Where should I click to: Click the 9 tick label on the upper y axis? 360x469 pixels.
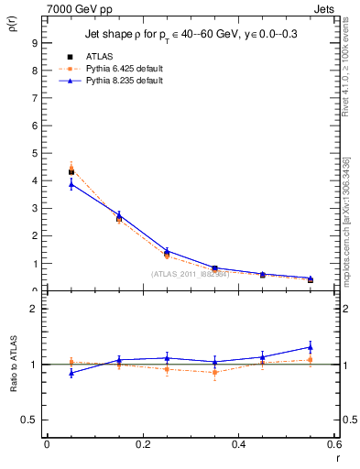click(34, 43)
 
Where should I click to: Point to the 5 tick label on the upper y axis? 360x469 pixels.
click(34, 153)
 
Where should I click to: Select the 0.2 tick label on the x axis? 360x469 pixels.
click(142, 444)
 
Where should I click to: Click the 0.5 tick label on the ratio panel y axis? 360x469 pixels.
click(30, 420)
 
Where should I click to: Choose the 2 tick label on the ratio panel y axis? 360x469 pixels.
click(34, 310)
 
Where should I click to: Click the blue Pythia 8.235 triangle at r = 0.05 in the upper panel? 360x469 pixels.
click(71, 184)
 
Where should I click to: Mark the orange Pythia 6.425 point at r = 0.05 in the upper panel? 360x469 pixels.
click(71, 169)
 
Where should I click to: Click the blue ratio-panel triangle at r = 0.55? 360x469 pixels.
click(311, 347)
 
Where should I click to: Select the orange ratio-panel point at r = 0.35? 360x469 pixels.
click(214, 372)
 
